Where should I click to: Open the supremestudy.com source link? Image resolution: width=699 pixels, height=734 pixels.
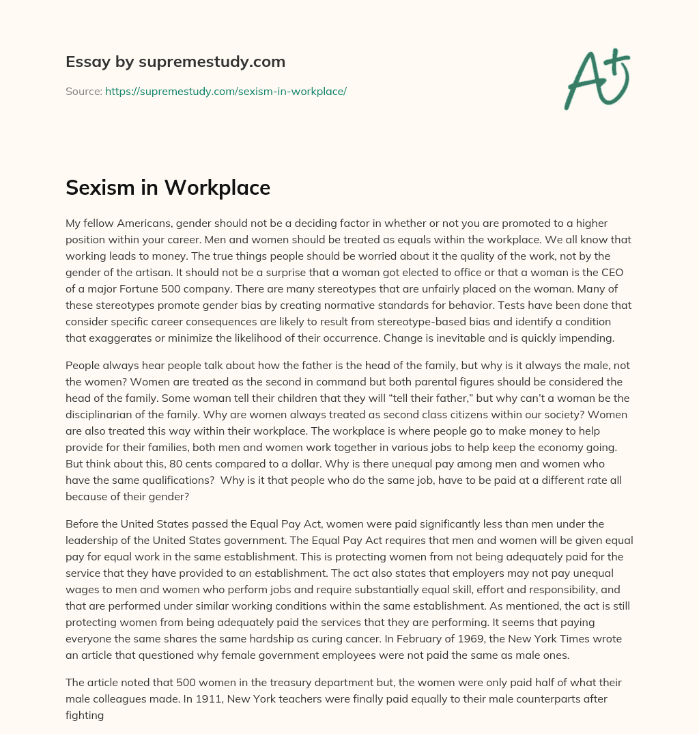click(226, 91)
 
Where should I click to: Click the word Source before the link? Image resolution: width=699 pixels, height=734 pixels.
click(83, 91)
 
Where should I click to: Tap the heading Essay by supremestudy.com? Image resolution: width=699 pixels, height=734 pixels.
click(175, 62)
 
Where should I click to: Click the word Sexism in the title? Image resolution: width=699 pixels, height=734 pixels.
click(104, 188)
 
